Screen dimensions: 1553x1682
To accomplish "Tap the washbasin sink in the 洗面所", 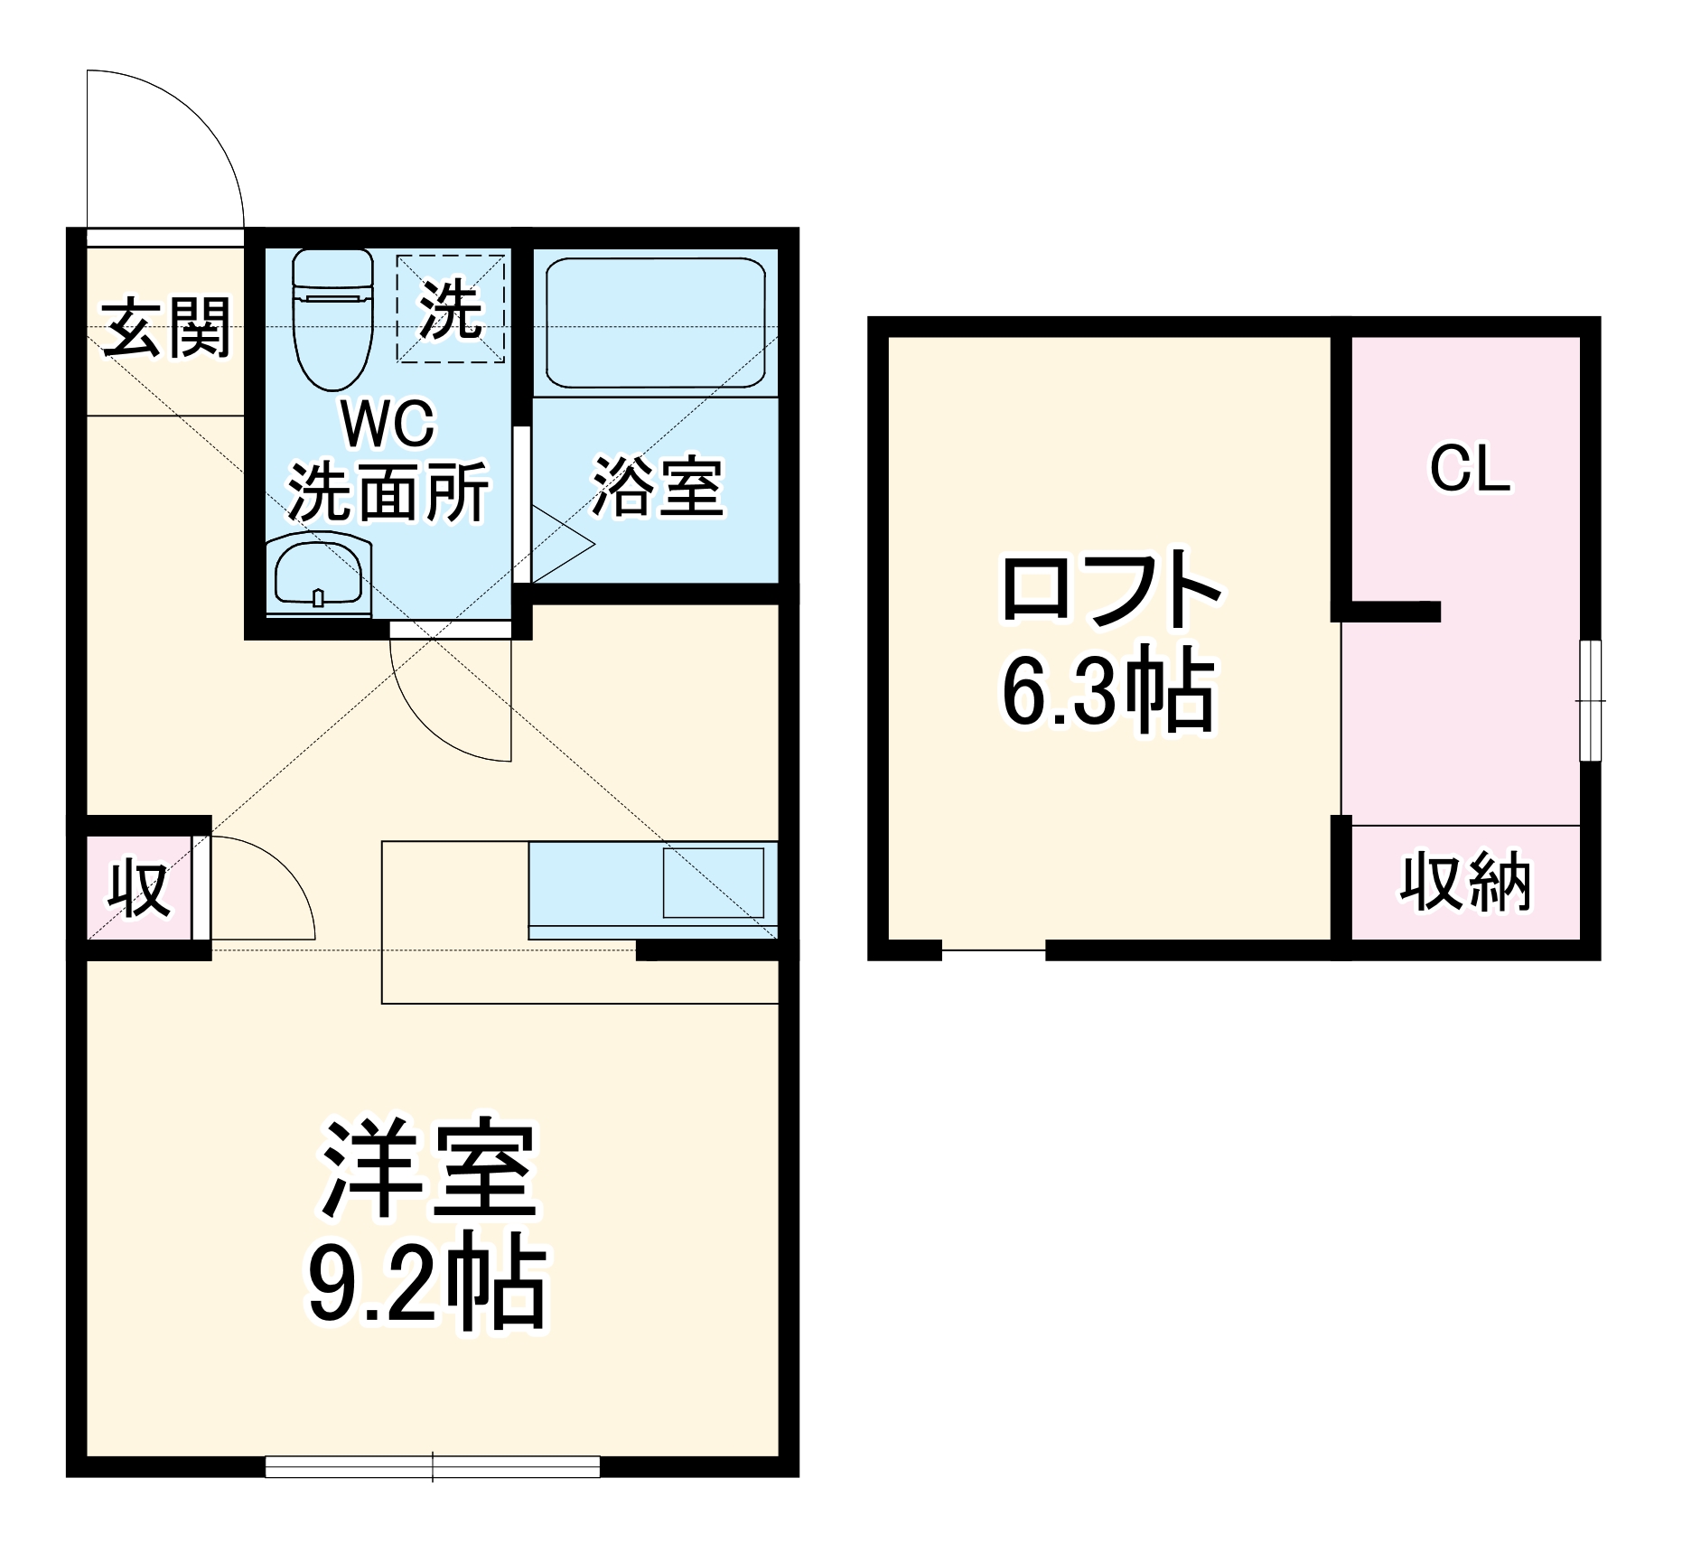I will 318,576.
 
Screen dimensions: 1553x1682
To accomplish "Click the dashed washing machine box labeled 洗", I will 450,309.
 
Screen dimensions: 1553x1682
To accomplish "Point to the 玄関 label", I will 166,327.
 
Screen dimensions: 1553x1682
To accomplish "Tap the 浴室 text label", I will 658,488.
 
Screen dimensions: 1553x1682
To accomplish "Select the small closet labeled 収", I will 139,889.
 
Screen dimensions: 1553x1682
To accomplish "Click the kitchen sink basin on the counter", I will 714,884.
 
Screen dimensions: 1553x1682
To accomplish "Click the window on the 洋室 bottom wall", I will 433,1465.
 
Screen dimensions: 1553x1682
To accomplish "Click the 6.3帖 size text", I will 1109,690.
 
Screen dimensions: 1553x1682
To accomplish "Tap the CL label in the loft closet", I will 1470,470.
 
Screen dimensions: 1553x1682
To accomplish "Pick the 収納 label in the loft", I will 1465,882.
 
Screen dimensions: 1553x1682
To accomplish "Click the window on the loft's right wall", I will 1590,701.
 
